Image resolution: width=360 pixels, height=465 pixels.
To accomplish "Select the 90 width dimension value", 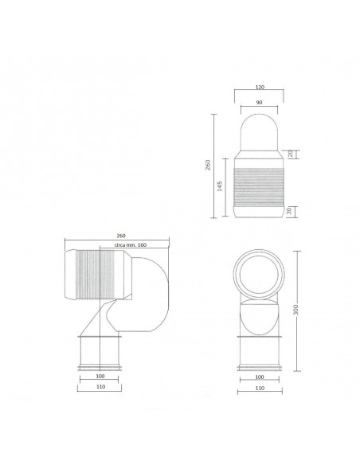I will click(x=260, y=103).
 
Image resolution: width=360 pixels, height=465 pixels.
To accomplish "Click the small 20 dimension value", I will click(x=291, y=153).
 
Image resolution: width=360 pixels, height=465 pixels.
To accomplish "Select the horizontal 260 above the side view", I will click(x=119, y=235).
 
